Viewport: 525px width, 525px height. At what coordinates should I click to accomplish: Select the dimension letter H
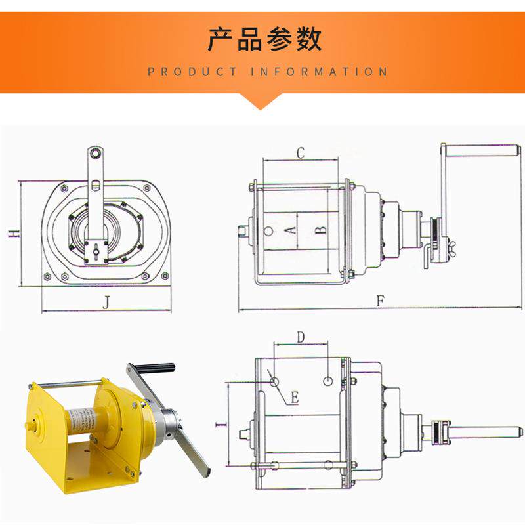12,234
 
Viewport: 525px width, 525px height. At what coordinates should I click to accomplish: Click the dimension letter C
300,153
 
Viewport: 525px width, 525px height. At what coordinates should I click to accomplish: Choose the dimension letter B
320,230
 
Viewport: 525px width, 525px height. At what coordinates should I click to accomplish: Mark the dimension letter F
381,301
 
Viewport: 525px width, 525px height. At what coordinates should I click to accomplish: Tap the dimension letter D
300,337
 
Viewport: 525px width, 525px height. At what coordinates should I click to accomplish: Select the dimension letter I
219,425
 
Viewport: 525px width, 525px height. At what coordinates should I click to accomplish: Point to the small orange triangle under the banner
262,102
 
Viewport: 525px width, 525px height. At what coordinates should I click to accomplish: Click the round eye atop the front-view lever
96,154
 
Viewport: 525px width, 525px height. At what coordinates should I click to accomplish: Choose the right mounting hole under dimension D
329,381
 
